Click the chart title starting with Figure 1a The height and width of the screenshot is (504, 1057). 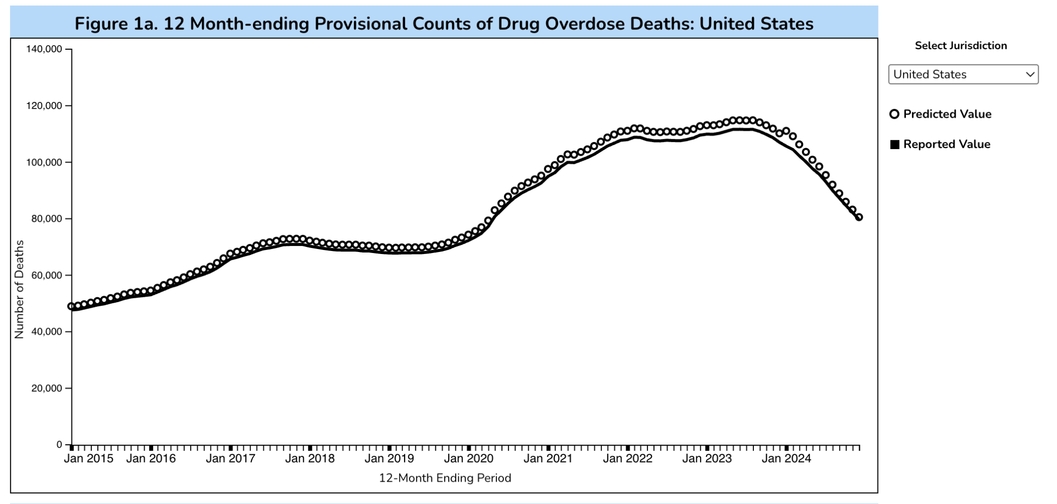pyautogui.click(x=444, y=24)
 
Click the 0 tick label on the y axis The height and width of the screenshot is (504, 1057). pyautogui.click(x=59, y=445)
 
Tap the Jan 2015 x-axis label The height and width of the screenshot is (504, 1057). pyautogui.click(x=88, y=459)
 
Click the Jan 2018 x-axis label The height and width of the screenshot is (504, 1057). pyautogui.click(x=310, y=459)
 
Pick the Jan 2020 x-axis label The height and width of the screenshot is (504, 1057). pyautogui.click(x=468, y=459)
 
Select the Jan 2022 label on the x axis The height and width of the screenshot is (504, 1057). pyautogui.click(x=627, y=459)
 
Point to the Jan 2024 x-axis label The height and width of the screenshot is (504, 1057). pyautogui.click(x=786, y=459)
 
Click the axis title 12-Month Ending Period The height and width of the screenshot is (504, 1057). pyautogui.click(x=445, y=478)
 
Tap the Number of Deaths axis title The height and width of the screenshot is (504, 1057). pyautogui.click(x=19, y=289)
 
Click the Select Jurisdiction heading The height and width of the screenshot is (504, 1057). pyautogui.click(x=960, y=46)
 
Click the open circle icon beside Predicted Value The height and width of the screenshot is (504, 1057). pyautogui.click(x=894, y=114)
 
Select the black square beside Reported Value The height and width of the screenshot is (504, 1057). pyautogui.click(x=895, y=145)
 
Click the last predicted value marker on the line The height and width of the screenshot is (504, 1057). pyautogui.click(x=859, y=217)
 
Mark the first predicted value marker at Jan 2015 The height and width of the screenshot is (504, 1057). pyautogui.click(x=71, y=306)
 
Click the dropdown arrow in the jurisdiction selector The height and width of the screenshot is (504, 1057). pyautogui.click(x=1030, y=75)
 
